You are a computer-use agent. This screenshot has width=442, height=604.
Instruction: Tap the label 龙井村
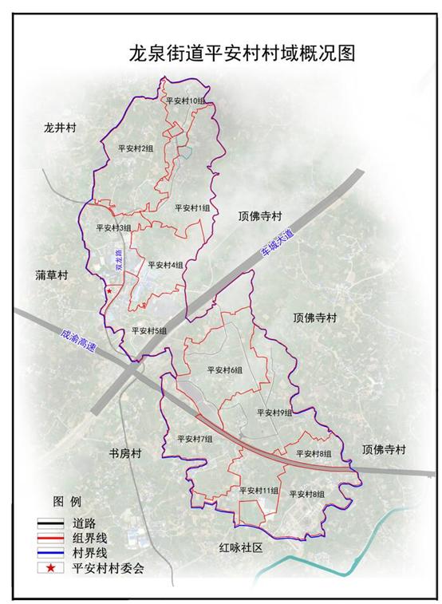click(x=59, y=128)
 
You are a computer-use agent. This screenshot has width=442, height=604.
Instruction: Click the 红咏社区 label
click(x=240, y=548)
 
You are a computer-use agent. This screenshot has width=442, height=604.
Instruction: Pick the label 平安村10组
click(x=187, y=101)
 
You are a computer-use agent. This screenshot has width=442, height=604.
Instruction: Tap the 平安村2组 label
click(x=135, y=148)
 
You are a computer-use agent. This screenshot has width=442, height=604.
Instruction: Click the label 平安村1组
click(x=192, y=207)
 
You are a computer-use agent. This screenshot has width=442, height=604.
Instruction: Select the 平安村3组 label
click(x=113, y=227)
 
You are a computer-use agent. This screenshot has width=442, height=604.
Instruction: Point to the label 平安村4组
click(x=165, y=265)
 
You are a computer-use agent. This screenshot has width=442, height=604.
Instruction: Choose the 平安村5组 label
click(x=149, y=330)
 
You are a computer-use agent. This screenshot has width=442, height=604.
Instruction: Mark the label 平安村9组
click(x=275, y=413)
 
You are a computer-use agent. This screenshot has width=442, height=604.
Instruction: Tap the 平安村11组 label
click(x=258, y=490)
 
